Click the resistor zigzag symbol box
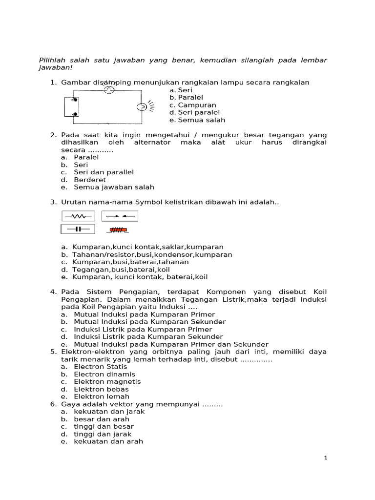pyautogui.click(x=78, y=216)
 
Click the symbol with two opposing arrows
pyautogui.click(x=120, y=216)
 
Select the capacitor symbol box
pyautogui.click(x=78, y=229)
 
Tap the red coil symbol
pyautogui.click(x=118, y=229)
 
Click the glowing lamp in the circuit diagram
pyautogui.click(x=142, y=107)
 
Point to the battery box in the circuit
pyautogui.click(x=71, y=107)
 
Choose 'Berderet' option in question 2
pyautogui.click(x=89, y=180)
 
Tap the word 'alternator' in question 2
pyautogui.click(x=152, y=143)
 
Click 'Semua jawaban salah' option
pyautogui.click(x=113, y=187)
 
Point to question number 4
pyautogui.click(x=53, y=292)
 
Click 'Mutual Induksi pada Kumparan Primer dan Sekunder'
pyautogui.click(x=170, y=344)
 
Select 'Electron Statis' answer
pyautogui.click(x=100, y=367)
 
